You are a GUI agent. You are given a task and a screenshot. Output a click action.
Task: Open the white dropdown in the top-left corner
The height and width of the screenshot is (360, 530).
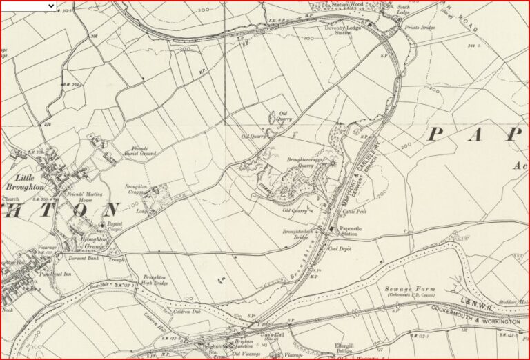click(29, 6)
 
